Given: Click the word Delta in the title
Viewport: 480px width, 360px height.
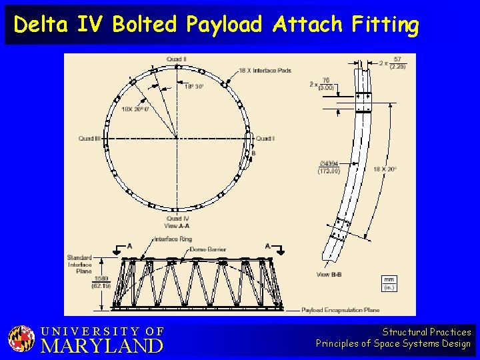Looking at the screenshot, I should coord(38,25).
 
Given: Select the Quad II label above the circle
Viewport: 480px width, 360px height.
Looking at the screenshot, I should coord(177,59).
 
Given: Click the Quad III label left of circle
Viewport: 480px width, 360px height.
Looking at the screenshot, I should coord(89,139).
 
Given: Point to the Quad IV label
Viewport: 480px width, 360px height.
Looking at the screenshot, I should coord(178,219).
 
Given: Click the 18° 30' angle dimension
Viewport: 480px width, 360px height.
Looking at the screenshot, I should coord(194,86).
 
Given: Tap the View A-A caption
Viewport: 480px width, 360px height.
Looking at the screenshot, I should coord(177,226).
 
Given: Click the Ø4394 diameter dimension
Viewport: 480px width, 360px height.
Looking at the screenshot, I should coord(329,167).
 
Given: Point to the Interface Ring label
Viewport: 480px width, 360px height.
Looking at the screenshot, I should coord(173,239).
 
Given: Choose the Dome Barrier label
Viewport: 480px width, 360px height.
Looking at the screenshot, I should coord(208,249).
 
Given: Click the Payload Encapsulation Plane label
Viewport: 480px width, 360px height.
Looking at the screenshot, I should coord(341,310).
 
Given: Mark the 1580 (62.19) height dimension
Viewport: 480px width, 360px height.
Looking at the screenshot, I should coord(101,282).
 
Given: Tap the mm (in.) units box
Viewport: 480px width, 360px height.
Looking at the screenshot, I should coord(390,283).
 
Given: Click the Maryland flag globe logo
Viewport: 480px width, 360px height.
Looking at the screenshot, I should coord(21,339).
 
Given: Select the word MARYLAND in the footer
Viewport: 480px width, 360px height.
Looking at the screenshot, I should coord(102,346).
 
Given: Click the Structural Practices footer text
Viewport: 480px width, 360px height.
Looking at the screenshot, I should coord(427,332).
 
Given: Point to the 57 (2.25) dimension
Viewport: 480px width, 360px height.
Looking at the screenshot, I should coord(397,63).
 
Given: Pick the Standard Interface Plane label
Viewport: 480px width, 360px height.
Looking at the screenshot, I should coord(79,264).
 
